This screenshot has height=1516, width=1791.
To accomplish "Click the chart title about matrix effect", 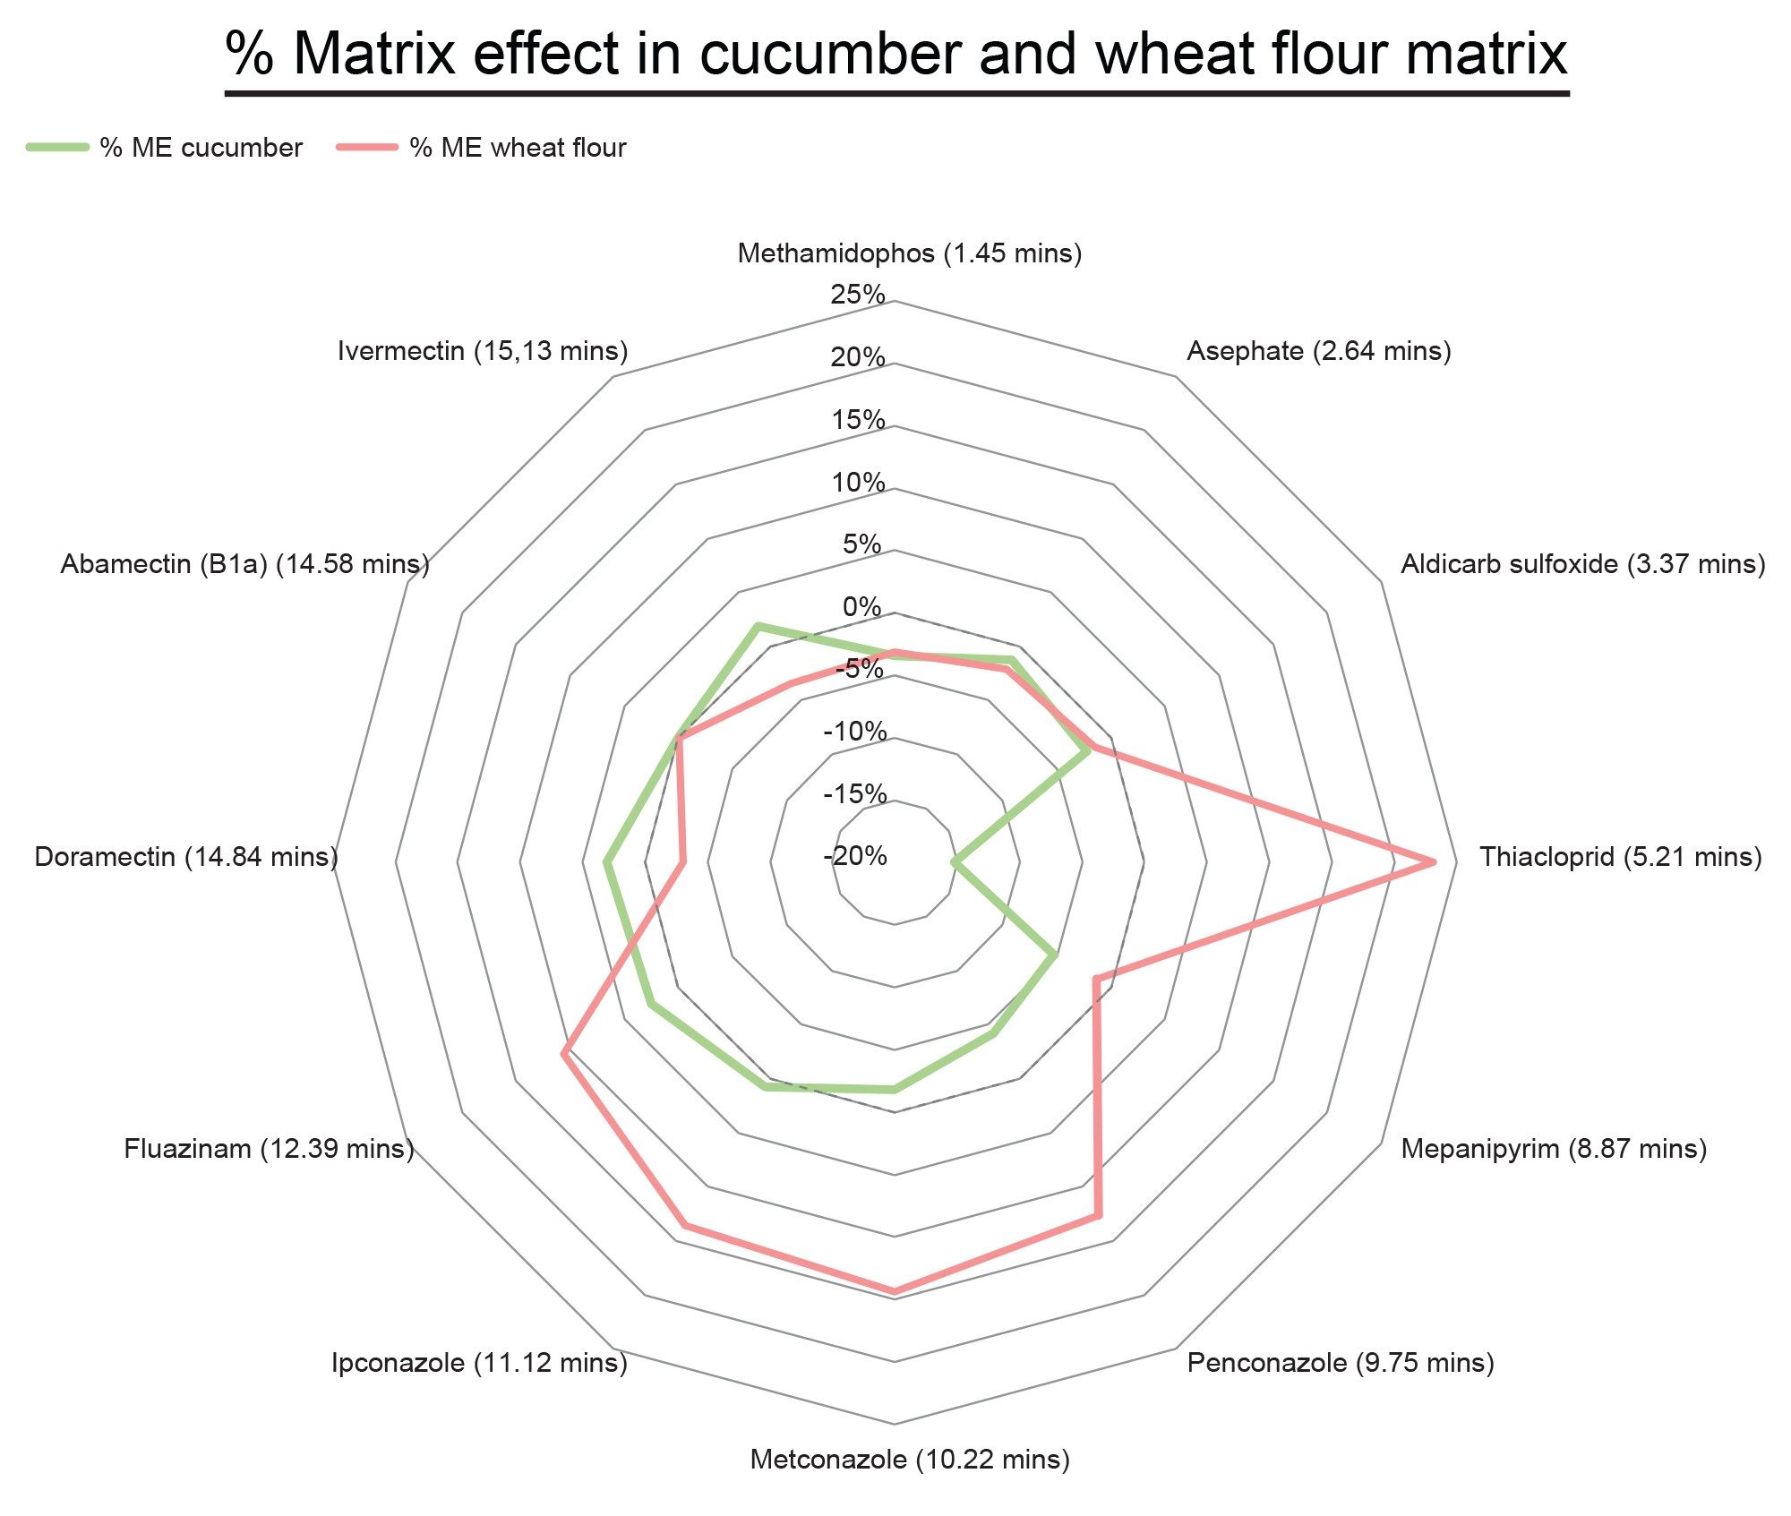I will pyautogui.click(x=895, y=54).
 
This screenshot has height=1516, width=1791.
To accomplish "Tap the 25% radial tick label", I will pyautogui.click(x=858, y=295).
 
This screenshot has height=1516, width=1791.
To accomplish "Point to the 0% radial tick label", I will pyautogui.click(x=862, y=607).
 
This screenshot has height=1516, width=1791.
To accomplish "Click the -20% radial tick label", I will pyautogui.click(x=855, y=856).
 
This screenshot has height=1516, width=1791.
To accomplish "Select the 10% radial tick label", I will pyautogui.click(x=858, y=483).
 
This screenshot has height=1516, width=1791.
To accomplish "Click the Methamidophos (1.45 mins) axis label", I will pyautogui.click(x=909, y=253).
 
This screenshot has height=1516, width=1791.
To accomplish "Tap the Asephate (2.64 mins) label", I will pyautogui.click(x=1318, y=351).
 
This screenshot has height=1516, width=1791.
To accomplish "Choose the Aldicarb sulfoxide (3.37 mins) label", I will pyautogui.click(x=1582, y=564).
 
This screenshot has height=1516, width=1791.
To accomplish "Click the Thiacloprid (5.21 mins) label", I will pyautogui.click(x=1620, y=857).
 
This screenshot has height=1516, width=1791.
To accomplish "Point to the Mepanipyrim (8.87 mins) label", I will pyautogui.click(x=1553, y=1148).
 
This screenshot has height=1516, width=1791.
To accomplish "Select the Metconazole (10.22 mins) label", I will pyautogui.click(x=910, y=1460).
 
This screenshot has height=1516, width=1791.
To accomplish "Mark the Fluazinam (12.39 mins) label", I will pyautogui.click(x=269, y=1148).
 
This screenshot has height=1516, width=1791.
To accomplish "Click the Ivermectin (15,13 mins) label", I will pyautogui.click(x=483, y=351).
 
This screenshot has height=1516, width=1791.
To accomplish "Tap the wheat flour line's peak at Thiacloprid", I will pyautogui.click(x=1434, y=862).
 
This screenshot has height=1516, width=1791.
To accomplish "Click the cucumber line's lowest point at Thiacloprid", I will pyautogui.click(x=955, y=863).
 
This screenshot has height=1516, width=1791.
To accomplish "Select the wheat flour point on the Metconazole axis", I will pyautogui.click(x=894, y=1291).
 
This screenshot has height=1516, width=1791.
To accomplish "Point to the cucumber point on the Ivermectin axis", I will pyautogui.click(x=758, y=625).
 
